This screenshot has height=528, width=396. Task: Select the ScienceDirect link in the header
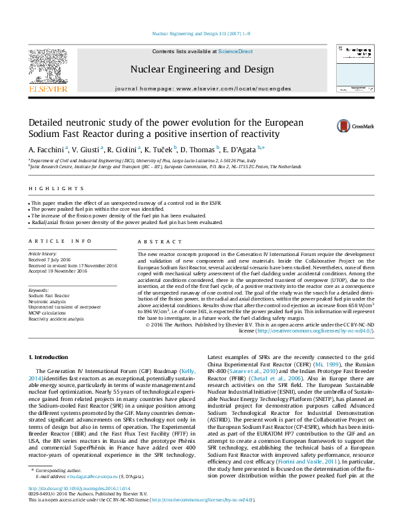click(236, 51)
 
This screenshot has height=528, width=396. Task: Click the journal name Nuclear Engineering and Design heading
click(201, 69)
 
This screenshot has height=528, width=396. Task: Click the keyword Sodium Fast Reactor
click(49, 295)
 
